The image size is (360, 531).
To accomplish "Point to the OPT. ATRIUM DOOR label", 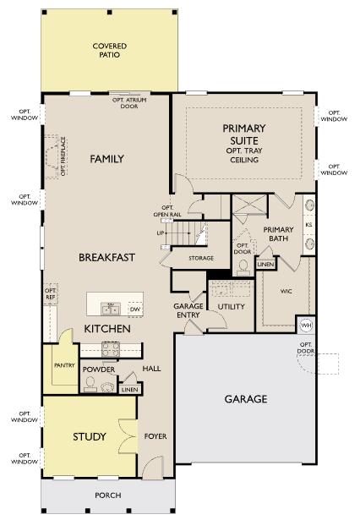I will pyautogui.click(x=129, y=102).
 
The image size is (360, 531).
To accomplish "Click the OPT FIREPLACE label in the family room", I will pyautogui.click(x=63, y=158).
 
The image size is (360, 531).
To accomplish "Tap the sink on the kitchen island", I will pyautogui.click(x=109, y=308).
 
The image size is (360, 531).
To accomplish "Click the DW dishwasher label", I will pyautogui.click(x=134, y=309).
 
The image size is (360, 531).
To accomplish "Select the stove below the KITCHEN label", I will pyautogui.click(x=112, y=347).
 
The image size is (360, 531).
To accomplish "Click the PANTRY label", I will pyautogui.click(x=63, y=366).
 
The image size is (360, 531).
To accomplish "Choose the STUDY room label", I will pyautogui.click(x=89, y=436).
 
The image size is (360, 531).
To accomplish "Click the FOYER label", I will pyautogui.click(x=155, y=436).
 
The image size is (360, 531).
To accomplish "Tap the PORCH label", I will pyautogui.click(x=107, y=495).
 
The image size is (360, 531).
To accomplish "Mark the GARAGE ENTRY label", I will pyautogui.click(x=188, y=310).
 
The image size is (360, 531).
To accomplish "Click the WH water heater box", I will pyautogui.click(x=306, y=325).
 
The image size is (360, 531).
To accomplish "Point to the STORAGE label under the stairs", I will pyautogui.click(x=201, y=258).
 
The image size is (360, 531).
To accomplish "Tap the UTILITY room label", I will pyautogui.click(x=232, y=307).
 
